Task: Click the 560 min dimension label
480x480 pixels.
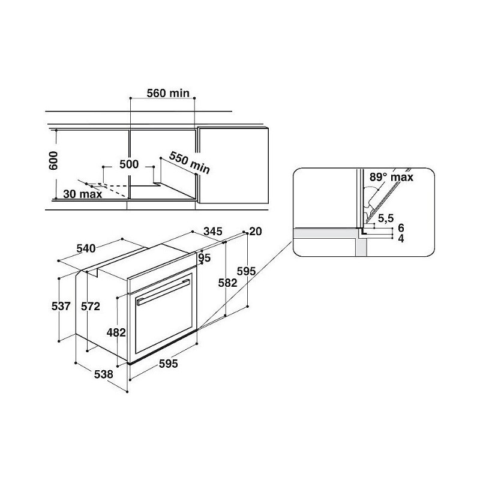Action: (168, 93)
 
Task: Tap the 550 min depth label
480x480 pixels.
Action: (190, 162)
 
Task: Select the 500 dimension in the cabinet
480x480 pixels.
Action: (129, 164)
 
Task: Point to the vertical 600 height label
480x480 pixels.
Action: (53, 160)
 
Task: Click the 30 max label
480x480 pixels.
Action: (83, 194)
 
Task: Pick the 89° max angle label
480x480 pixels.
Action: (391, 177)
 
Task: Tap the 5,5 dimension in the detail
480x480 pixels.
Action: (386, 218)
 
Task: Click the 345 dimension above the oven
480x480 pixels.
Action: (213, 232)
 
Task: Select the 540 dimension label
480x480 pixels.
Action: (86, 248)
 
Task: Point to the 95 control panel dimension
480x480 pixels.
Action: (205, 258)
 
